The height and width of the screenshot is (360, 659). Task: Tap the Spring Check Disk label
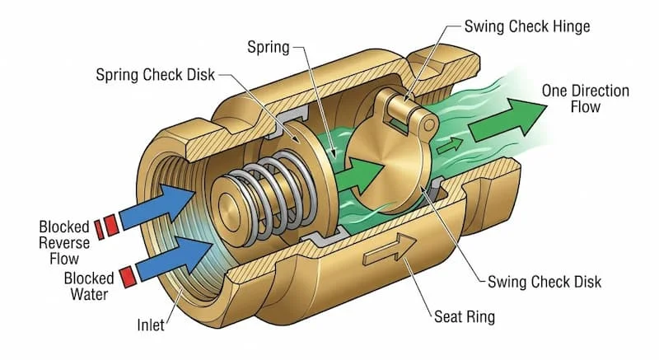point(155,74)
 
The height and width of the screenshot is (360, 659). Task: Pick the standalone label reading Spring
point(268,47)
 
